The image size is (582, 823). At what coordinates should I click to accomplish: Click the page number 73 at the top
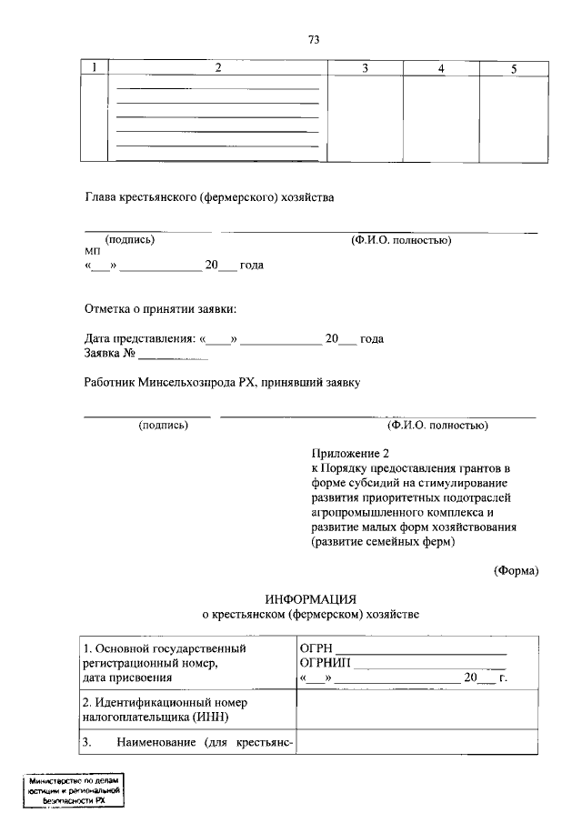pyautogui.click(x=314, y=39)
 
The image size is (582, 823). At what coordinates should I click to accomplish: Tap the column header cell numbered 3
pyautogui.click(x=365, y=68)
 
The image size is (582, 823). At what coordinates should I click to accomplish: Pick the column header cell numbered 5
pyautogui.click(x=514, y=68)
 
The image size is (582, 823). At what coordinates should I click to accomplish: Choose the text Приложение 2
pyautogui.click(x=350, y=453)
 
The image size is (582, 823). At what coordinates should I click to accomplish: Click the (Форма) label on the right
pyautogui.click(x=516, y=570)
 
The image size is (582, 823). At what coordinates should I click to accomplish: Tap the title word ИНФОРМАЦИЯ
pyautogui.click(x=310, y=599)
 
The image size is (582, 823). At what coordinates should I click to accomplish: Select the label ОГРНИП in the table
pyautogui.click(x=323, y=662)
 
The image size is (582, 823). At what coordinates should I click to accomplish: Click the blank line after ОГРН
pyautogui.click(x=422, y=648)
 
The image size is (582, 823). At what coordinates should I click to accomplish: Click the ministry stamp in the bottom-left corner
pyautogui.click(x=75, y=791)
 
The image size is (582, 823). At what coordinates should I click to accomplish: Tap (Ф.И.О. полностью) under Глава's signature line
pyautogui.click(x=401, y=240)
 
